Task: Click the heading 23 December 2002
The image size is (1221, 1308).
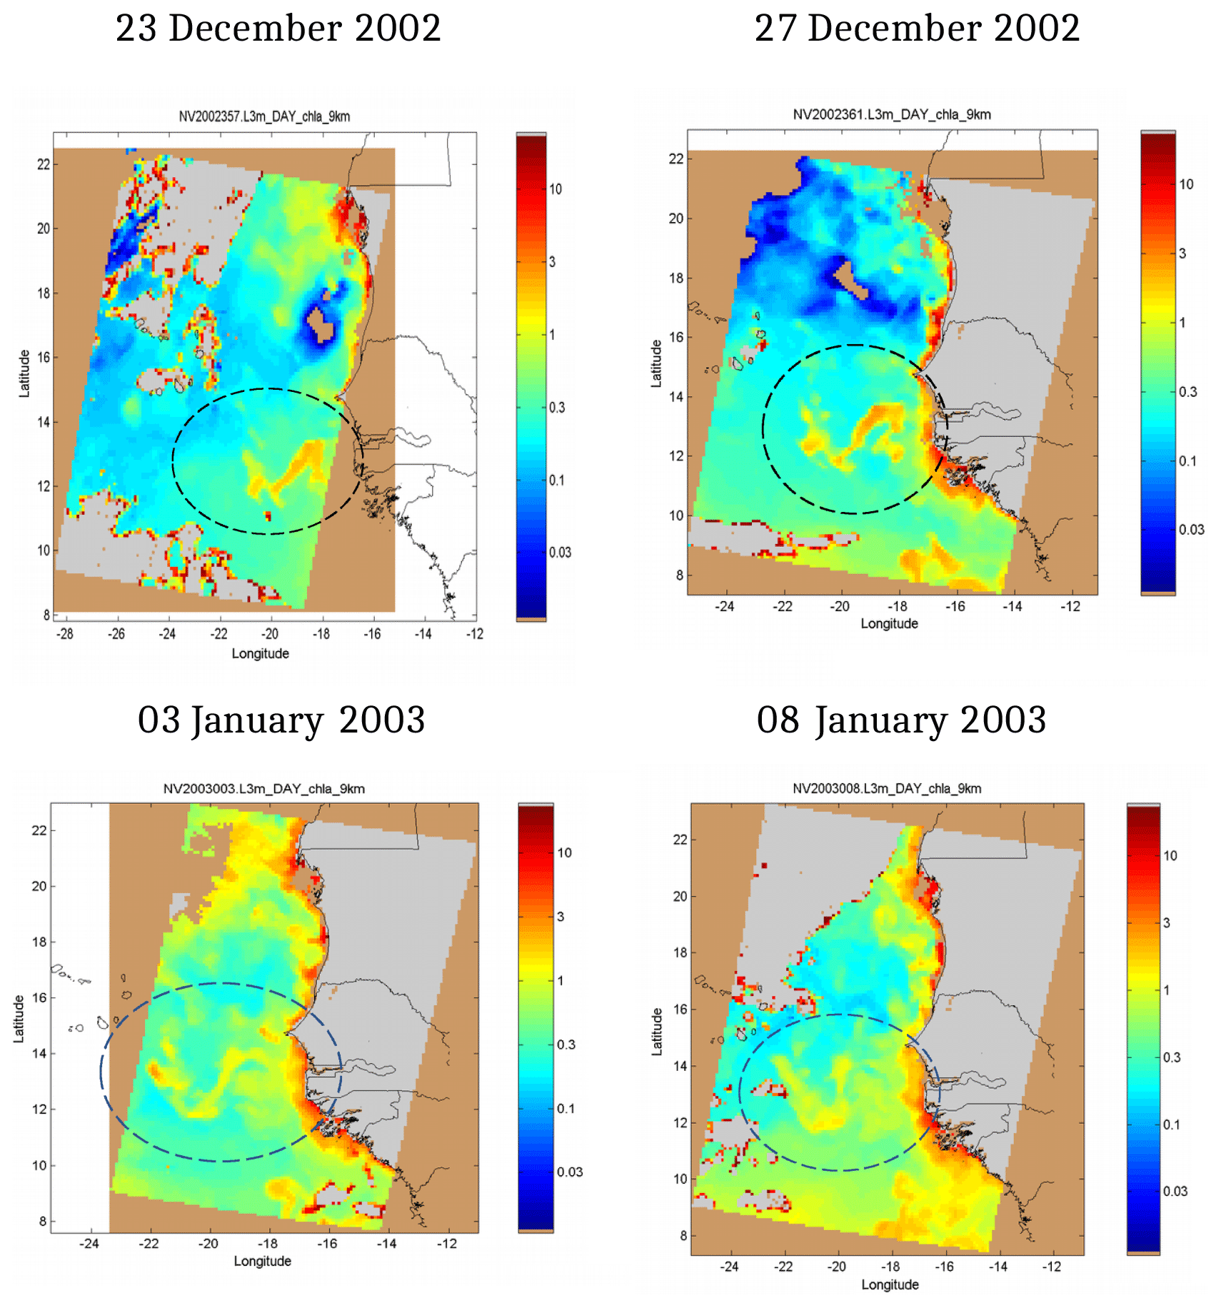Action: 278,29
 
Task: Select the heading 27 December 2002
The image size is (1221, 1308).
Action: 917,29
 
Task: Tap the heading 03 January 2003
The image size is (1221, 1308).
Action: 281,720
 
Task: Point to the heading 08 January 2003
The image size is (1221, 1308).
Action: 901,720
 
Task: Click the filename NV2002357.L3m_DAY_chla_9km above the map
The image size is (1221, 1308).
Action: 264,116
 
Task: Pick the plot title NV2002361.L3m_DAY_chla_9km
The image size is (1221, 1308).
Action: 892,114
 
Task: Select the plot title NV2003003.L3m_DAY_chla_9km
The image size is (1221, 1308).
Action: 264,789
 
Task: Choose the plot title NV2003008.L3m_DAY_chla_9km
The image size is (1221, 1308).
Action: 887,788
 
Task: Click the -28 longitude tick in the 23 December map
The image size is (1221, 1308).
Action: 65,634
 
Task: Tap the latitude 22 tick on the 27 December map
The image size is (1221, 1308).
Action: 675,159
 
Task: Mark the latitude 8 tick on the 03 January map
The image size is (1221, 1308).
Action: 42,1222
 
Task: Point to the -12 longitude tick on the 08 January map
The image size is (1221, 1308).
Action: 1051,1267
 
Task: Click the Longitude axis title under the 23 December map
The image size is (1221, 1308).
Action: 260,653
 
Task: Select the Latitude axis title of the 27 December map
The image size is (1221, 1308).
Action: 655,363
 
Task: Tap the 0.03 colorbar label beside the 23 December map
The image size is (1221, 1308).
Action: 561,552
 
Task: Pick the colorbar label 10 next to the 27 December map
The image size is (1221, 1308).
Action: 1186,184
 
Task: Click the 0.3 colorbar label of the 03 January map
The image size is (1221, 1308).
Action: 566,1045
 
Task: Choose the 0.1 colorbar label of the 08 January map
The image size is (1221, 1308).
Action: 1171,1125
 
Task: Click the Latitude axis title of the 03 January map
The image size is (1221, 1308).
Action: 19,1019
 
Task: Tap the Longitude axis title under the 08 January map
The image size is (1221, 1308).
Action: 890,1284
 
